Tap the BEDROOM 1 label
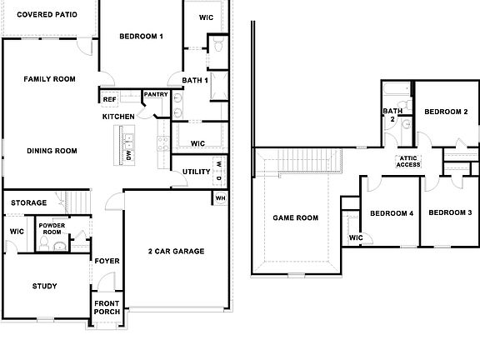141,36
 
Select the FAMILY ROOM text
49,79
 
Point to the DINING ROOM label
52,151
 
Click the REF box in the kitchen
109,99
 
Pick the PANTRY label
156,94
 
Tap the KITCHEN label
118,117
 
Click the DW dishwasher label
129,155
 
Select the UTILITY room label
197,172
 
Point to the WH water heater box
220,198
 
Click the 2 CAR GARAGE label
176,251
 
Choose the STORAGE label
29,202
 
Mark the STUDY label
44,287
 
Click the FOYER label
107,261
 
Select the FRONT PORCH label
107,307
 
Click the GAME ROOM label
296,218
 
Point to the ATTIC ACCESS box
408,162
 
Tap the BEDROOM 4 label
392,213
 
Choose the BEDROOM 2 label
446,112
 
